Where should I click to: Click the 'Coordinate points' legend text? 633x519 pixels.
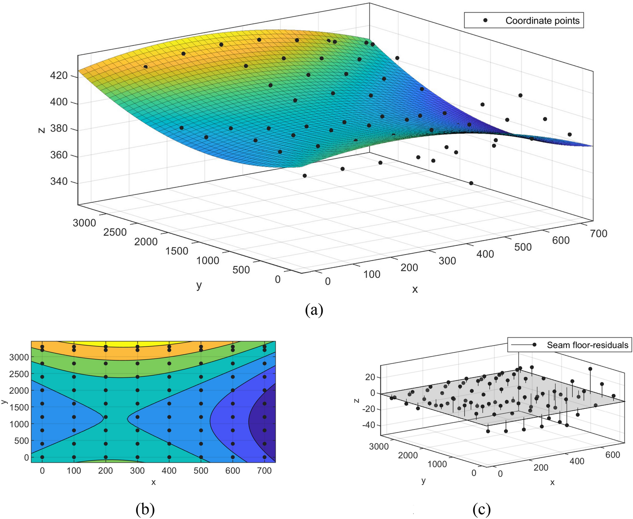coord(542,21)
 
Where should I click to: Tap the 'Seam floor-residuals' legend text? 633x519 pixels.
coord(587,345)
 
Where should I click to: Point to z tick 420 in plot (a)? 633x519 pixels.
coord(59,76)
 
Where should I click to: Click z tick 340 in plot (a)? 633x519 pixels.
coord(59,181)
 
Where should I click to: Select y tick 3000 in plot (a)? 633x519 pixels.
coord(84,223)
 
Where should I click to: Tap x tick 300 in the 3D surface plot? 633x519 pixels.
coord(447,261)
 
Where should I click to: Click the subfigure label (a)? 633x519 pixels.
coord(314,309)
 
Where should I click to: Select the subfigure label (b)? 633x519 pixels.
coord(145,509)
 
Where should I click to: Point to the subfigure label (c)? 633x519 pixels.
coord(482,509)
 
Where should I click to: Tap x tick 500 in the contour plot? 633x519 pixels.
coord(201,471)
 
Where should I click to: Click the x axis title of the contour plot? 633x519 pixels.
coord(154,482)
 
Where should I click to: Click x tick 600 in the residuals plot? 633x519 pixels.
coord(613,455)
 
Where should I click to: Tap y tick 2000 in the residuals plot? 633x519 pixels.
coord(408,455)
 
